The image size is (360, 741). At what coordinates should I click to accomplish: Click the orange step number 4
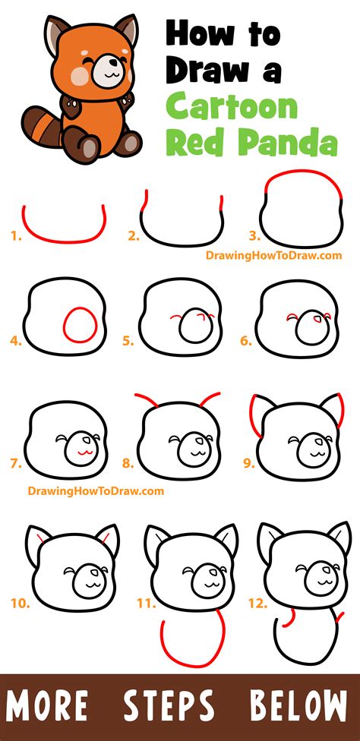15,341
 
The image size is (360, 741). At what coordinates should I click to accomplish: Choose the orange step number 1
14,236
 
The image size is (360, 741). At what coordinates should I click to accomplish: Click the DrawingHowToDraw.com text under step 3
273,256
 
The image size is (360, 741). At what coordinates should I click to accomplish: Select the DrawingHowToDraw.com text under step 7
85,491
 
